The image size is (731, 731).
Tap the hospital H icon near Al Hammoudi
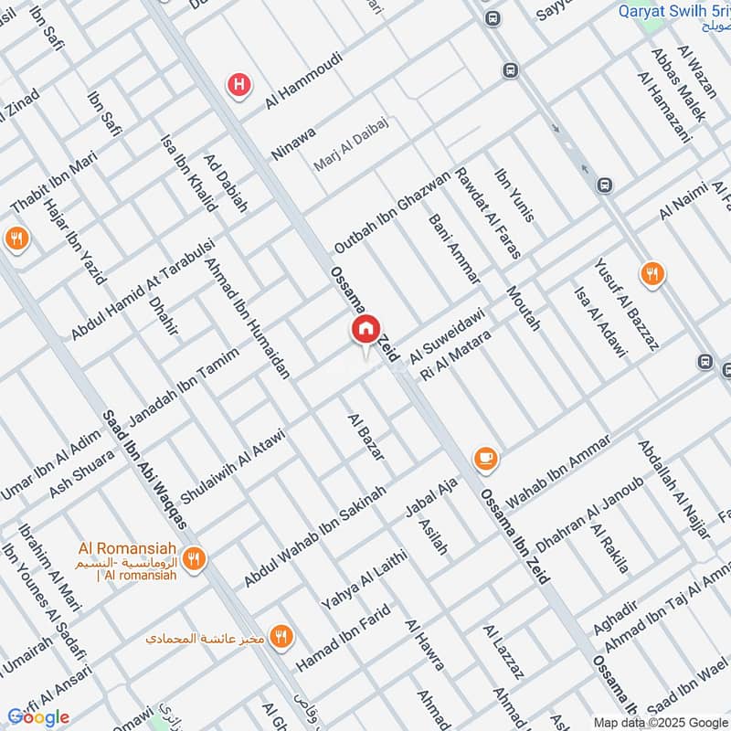pos(239,85)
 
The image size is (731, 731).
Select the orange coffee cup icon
pos(484,458)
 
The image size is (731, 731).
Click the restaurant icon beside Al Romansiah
pos(193,557)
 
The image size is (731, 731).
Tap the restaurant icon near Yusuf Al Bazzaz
pos(652,273)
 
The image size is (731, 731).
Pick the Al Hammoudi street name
pos(304,81)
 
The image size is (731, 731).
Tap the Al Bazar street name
pos(365,436)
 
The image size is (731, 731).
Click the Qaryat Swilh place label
pos(673,12)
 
